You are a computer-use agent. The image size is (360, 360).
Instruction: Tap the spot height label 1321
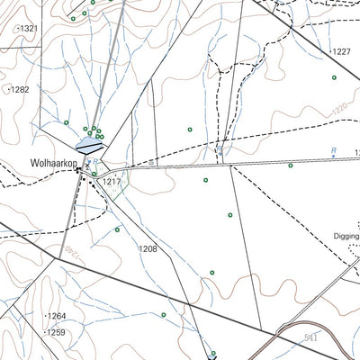(29, 29)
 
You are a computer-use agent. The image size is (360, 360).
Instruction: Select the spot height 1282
(20, 90)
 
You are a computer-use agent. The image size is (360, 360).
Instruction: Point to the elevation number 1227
(340, 51)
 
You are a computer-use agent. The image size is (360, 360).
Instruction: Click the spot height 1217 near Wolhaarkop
(111, 182)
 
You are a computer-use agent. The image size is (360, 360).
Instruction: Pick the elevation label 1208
(148, 248)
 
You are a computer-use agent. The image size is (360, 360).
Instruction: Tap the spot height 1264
(57, 316)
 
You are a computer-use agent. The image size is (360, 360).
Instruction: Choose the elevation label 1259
(57, 332)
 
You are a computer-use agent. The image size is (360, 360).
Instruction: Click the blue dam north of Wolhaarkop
(89, 142)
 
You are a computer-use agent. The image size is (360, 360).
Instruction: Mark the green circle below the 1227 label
(334, 77)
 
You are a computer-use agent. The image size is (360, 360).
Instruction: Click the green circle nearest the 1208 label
(117, 229)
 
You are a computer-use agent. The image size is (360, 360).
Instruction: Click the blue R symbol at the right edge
(333, 153)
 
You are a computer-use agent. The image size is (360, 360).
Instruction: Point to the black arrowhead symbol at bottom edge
(213, 355)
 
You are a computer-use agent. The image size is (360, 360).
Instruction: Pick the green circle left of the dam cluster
(67, 122)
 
